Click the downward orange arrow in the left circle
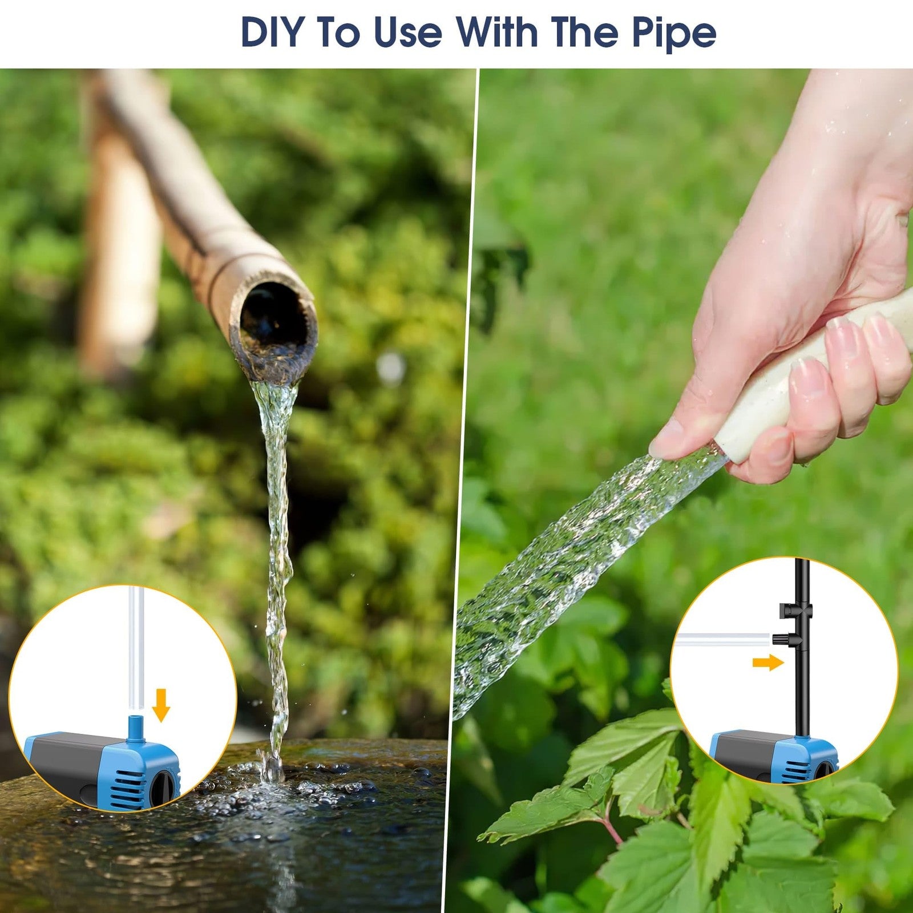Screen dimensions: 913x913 (161, 705)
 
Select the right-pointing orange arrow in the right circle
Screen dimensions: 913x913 (768, 662)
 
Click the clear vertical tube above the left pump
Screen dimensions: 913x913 (135, 651)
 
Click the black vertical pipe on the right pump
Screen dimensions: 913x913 (800, 645)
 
